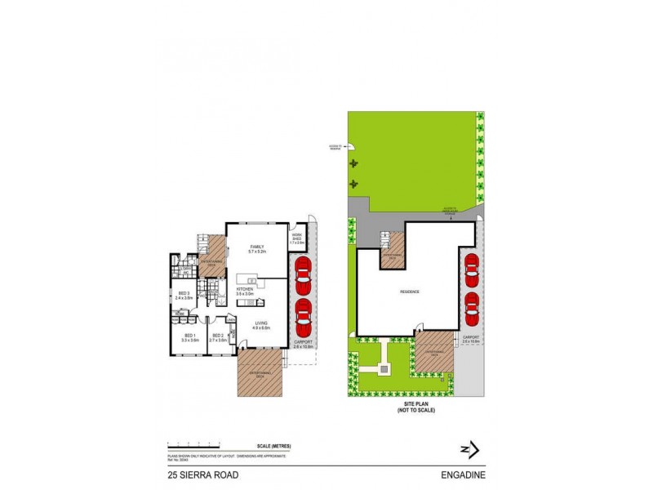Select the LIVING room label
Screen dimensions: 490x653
pos(261,325)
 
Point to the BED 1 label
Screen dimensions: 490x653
pos(189,337)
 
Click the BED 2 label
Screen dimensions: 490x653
pos(218,337)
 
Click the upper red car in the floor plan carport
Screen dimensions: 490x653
pos(303,275)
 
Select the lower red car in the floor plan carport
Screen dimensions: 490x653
pos(303,316)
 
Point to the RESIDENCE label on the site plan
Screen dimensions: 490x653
pos(409,292)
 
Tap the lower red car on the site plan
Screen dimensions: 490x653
pos(471,306)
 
